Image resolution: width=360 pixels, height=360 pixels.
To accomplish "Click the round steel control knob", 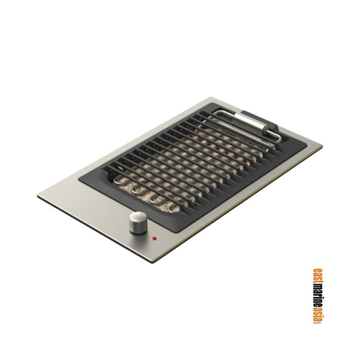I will [x=137, y=224].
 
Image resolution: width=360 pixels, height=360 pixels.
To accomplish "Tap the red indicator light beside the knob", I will [x=155, y=238].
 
